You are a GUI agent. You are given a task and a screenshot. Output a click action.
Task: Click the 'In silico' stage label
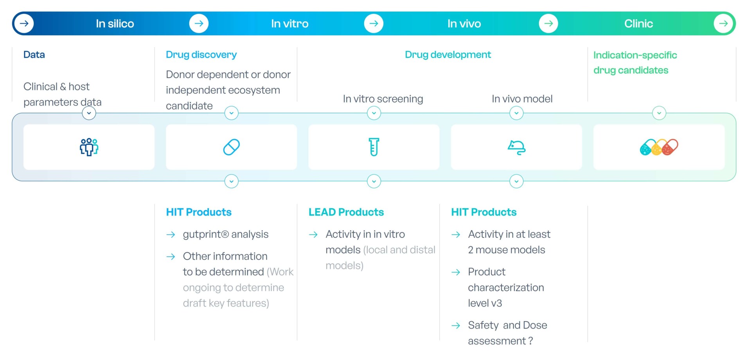(x=115, y=24)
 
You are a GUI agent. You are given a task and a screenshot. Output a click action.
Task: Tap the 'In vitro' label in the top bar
(x=289, y=24)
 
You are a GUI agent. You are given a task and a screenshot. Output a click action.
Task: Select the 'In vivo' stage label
(x=464, y=24)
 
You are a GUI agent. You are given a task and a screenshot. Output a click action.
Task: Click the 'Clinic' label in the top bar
(x=638, y=24)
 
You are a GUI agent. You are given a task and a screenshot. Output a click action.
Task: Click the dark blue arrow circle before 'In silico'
(x=24, y=23)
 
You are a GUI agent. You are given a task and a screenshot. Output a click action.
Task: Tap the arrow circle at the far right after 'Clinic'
(x=723, y=23)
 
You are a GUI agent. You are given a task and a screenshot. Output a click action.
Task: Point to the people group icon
(x=89, y=147)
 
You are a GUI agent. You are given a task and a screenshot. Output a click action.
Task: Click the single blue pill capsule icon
(x=231, y=147)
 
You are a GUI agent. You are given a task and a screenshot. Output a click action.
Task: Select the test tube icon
(x=374, y=147)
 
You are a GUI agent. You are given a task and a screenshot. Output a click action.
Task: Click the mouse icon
(x=516, y=147)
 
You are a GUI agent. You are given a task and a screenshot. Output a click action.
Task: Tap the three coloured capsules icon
(x=659, y=147)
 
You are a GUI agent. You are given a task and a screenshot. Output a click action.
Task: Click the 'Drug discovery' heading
(x=201, y=55)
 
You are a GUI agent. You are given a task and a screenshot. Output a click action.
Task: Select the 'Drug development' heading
(x=447, y=55)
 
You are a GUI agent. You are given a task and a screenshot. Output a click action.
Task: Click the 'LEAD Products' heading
(x=346, y=212)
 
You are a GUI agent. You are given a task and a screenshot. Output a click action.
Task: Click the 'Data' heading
(x=34, y=55)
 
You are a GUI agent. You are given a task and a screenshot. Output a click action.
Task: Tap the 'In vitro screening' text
(x=383, y=99)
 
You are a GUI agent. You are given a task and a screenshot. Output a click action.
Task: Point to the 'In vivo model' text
(x=522, y=99)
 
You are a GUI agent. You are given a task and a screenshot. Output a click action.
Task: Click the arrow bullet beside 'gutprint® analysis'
(x=171, y=235)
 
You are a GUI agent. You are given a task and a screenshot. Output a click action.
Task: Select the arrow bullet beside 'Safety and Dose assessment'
(x=456, y=326)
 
